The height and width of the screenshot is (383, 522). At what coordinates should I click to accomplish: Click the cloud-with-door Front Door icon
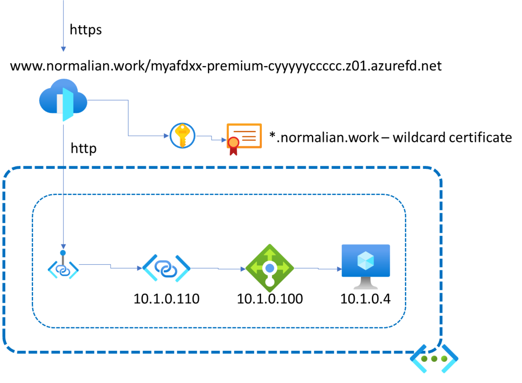[x=63, y=99]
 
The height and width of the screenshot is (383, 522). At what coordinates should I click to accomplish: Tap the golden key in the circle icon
[x=182, y=135]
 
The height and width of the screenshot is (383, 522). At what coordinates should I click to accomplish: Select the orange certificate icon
[x=244, y=136]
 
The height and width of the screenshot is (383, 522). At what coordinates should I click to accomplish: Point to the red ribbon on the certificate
[x=234, y=147]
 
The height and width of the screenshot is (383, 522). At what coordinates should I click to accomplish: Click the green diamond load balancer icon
[x=270, y=268]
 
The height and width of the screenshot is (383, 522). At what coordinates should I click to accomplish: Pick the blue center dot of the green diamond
[x=270, y=268]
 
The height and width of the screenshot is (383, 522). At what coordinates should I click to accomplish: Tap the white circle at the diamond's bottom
[x=270, y=282]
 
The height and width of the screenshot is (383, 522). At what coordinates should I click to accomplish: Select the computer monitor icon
[x=366, y=266]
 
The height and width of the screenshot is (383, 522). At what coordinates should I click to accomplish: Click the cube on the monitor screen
[x=365, y=260]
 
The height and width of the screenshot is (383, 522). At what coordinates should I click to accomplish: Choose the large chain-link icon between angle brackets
[x=166, y=268]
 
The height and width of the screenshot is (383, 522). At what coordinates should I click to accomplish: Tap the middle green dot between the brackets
[x=434, y=359]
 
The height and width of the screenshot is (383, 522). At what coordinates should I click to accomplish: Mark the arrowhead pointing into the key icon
[x=166, y=136]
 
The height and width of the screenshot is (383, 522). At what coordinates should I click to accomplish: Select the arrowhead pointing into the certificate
[x=224, y=140]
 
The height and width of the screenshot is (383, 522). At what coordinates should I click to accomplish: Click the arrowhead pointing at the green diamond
[x=243, y=269]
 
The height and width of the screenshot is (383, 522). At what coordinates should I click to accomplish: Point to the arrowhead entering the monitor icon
[x=339, y=269]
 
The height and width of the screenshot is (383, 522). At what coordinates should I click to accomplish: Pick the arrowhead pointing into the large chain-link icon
[x=140, y=268]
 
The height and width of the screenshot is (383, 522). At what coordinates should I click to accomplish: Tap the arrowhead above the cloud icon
[x=64, y=49]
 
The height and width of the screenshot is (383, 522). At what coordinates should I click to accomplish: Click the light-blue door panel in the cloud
[x=68, y=104]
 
